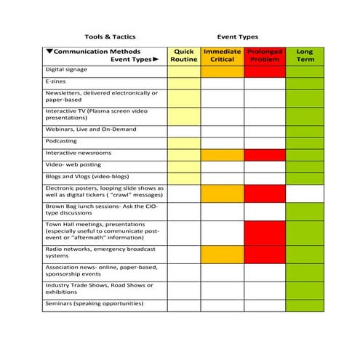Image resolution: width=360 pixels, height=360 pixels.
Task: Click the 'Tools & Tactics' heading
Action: pyautogui.click(x=109, y=36)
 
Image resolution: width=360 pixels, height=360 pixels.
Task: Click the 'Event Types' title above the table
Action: pyautogui.click(x=237, y=36)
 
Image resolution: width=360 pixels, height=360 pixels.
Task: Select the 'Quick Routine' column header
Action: pyautogui.click(x=183, y=55)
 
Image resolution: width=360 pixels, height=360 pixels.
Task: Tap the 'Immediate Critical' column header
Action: pyautogui.click(x=222, y=55)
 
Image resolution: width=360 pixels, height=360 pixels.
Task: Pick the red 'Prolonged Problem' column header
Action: pyautogui.click(x=265, y=55)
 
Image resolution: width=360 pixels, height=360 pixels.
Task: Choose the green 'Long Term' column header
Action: pyautogui.click(x=304, y=55)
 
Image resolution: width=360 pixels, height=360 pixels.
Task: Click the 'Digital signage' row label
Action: pyautogui.click(x=66, y=71)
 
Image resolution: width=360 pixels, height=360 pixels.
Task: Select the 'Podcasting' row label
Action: pyautogui.click(x=61, y=143)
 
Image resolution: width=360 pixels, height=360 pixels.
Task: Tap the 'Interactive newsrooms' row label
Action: pyautogui.click(x=77, y=154)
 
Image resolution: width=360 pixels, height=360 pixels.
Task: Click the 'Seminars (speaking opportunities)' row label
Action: pyautogui.click(x=94, y=303)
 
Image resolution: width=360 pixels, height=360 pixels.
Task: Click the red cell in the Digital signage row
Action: pyautogui.click(x=265, y=71)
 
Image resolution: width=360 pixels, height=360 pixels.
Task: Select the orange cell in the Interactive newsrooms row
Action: pyautogui.click(x=222, y=154)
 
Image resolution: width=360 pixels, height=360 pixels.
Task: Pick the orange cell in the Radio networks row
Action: pyautogui.click(x=222, y=254)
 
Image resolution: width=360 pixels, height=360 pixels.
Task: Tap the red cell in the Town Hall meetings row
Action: pyautogui.click(x=265, y=233)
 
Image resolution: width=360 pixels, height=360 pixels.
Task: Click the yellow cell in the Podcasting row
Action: pyautogui.click(x=183, y=143)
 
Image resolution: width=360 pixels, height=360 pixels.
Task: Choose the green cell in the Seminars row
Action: pyautogui.click(x=304, y=304)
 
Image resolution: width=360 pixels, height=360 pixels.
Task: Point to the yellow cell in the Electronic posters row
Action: pyautogui.click(x=183, y=193)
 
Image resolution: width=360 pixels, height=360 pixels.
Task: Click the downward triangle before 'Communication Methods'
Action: pyautogui.click(x=49, y=52)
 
